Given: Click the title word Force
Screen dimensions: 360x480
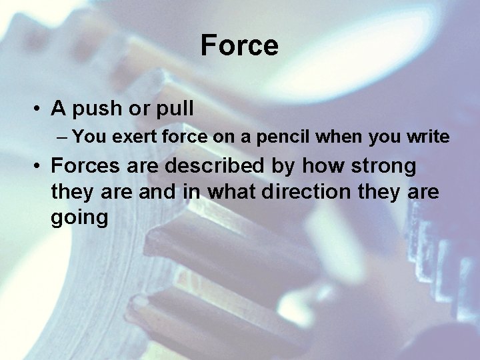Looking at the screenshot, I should pos(239,46).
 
